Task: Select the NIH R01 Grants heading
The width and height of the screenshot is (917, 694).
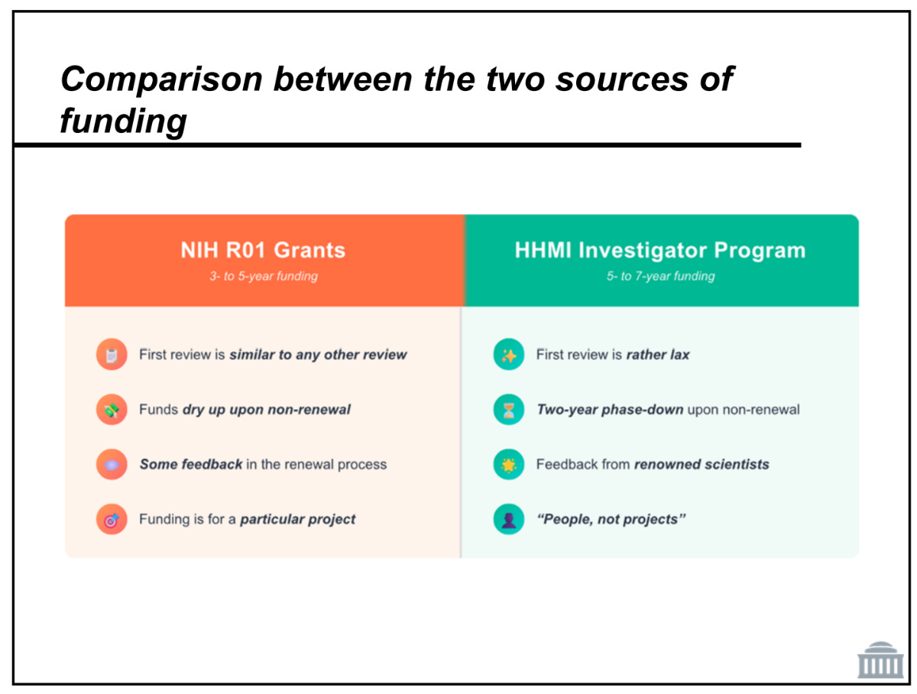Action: [x=262, y=250]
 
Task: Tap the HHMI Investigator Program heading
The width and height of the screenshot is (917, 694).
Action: [x=659, y=250]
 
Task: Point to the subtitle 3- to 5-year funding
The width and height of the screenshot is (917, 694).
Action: [x=263, y=276]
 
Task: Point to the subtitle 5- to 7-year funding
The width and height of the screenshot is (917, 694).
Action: [x=660, y=276]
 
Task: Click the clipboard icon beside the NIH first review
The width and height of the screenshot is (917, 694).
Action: [x=112, y=355]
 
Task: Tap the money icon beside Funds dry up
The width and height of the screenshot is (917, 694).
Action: [x=112, y=409]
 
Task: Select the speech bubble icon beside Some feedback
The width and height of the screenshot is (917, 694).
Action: [x=112, y=464]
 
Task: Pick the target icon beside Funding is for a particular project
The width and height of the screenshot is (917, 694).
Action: [x=112, y=519]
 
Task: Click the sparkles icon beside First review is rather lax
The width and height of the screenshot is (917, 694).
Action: [x=508, y=355]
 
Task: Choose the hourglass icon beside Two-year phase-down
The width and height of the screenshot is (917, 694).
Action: [x=508, y=409]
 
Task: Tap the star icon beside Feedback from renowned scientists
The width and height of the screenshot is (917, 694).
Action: [x=508, y=464]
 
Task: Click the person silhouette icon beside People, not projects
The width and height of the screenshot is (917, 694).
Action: [x=508, y=519]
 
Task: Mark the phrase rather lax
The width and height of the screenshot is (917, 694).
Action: [x=657, y=355]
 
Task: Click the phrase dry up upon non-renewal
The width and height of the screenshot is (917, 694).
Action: [x=267, y=410]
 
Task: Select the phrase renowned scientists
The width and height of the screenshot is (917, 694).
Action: [x=701, y=464]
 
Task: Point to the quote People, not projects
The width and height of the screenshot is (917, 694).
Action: [x=611, y=519]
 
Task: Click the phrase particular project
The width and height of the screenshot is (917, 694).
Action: [x=297, y=519]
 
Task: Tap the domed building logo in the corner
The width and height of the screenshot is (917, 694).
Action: [x=879, y=660]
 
